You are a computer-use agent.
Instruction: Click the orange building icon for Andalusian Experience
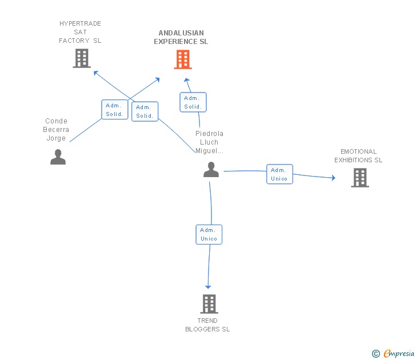pos(183,59)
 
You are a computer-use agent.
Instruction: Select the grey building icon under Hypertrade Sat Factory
pos(82,58)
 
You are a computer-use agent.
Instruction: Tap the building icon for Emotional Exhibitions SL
pos(360,178)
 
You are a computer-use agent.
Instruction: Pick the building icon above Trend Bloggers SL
pos(209,304)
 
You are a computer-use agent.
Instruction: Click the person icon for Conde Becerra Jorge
pos(58,157)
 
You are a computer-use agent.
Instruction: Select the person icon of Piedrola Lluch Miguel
pos(211,169)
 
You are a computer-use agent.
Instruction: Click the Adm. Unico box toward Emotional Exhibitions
pos(279,174)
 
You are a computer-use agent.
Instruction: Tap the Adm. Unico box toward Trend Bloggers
pos(209,234)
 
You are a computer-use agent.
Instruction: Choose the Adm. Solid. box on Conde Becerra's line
pos(115,110)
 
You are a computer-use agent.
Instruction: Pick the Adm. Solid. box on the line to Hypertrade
pos(145,111)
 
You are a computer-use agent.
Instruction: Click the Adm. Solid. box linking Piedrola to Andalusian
pos(193,102)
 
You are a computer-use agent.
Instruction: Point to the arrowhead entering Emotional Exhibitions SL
pos(334,178)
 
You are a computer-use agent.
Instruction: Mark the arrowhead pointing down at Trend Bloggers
pos(208,287)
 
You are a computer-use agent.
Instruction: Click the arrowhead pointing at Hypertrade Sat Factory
pos(95,73)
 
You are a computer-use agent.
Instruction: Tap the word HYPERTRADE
pos(80,23)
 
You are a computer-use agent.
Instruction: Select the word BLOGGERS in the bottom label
pos(202,329)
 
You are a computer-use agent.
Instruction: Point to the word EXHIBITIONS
pos(353,160)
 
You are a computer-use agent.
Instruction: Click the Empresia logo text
pos(399,353)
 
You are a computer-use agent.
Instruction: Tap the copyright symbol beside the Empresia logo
pos(376,354)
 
